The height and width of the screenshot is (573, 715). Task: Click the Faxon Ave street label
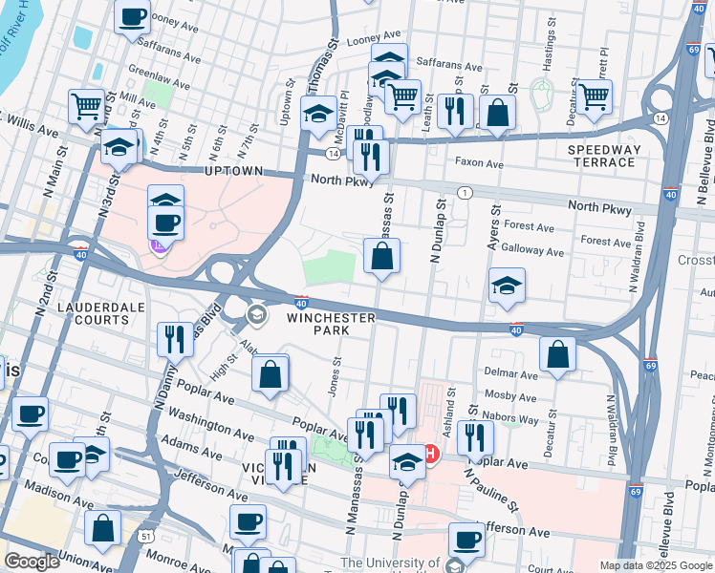pos(479,163)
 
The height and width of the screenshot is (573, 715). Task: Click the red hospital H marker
pos(431,452)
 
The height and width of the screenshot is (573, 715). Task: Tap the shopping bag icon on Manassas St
pos(381,256)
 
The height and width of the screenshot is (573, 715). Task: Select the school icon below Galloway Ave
pos(507,285)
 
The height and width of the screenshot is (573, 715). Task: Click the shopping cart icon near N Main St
pos(86,106)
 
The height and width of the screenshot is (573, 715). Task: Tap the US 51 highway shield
pos(145,537)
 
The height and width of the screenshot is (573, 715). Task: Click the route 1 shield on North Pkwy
pos(465,193)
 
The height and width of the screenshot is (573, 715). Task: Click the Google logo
pos(32,562)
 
